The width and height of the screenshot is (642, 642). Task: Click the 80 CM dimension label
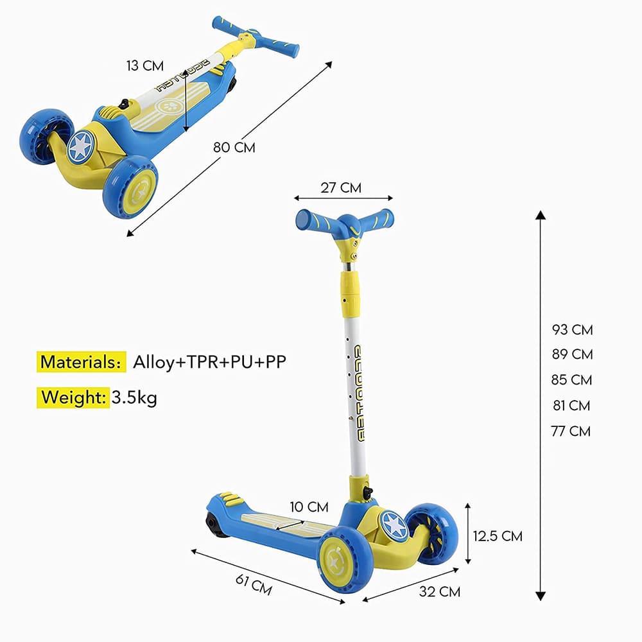[x=234, y=147]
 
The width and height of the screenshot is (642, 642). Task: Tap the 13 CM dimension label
[x=145, y=65]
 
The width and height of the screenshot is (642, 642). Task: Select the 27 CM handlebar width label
[x=341, y=187]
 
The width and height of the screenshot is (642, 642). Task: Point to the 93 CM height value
[x=572, y=329]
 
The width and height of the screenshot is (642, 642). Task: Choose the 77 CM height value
[x=571, y=431]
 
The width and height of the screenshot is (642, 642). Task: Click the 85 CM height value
[x=571, y=380]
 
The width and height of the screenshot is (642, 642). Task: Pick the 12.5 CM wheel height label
[x=498, y=536]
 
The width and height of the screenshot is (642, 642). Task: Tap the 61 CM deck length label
[x=254, y=584]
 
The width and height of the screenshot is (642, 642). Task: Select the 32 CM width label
[x=440, y=592]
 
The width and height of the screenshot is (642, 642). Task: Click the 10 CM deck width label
[x=309, y=507]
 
